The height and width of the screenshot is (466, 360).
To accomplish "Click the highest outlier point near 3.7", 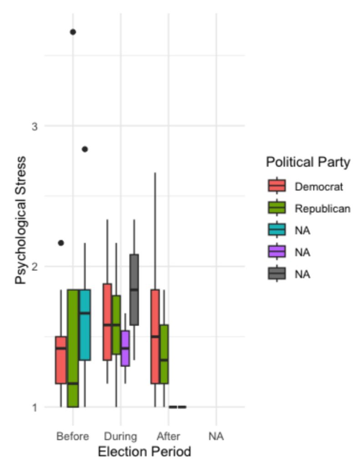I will pyautogui.click(x=73, y=32).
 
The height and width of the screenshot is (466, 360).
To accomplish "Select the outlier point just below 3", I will pyautogui.click(x=85, y=149).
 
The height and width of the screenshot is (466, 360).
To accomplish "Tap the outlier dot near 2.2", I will pyautogui.click(x=61, y=243).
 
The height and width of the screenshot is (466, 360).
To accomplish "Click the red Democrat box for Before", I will pyautogui.click(x=61, y=360).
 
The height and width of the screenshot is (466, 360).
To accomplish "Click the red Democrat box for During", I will pyautogui.click(x=107, y=322).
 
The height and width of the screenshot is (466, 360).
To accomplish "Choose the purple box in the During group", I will pyautogui.click(x=125, y=348).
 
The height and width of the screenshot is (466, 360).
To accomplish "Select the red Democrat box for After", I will pyautogui.click(x=155, y=336).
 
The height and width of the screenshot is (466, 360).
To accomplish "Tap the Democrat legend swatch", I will pyautogui.click(x=277, y=186).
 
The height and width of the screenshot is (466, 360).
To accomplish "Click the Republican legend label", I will pyautogui.click(x=322, y=208).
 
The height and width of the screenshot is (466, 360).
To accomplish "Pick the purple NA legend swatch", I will pyautogui.click(x=277, y=252).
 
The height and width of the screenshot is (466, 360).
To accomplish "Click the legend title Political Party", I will pyautogui.click(x=308, y=162).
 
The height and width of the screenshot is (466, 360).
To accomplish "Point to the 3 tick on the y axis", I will pyautogui.click(x=35, y=127).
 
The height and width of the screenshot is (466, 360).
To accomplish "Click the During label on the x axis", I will pyautogui.click(x=120, y=437).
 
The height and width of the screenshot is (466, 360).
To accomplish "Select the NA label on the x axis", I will pyautogui.click(x=216, y=437).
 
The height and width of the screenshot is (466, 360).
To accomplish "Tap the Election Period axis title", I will pyautogui.click(x=144, y=452).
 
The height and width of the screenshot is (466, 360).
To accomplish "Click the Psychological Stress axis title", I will pyautogui.click(x=21, y=221).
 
